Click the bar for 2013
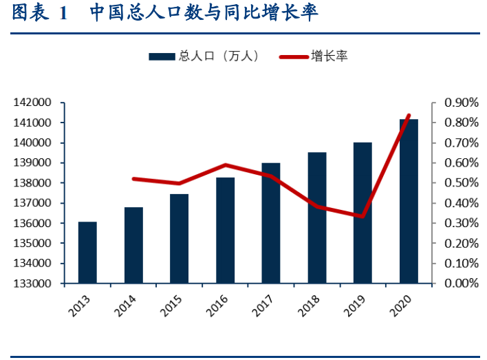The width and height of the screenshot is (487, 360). coord(87,253)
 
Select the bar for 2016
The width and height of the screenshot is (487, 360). coord(225,231)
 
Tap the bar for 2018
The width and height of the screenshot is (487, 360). coord(316,218)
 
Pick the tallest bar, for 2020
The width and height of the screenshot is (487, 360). coord(409,201)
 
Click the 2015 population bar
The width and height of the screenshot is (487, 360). coord(180,239)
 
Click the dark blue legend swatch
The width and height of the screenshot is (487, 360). coord(162,56)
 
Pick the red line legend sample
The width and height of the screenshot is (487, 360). coord(294,56)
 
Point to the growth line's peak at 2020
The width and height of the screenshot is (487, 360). coord(409,116)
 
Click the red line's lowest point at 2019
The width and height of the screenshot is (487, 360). coord(362,216)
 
